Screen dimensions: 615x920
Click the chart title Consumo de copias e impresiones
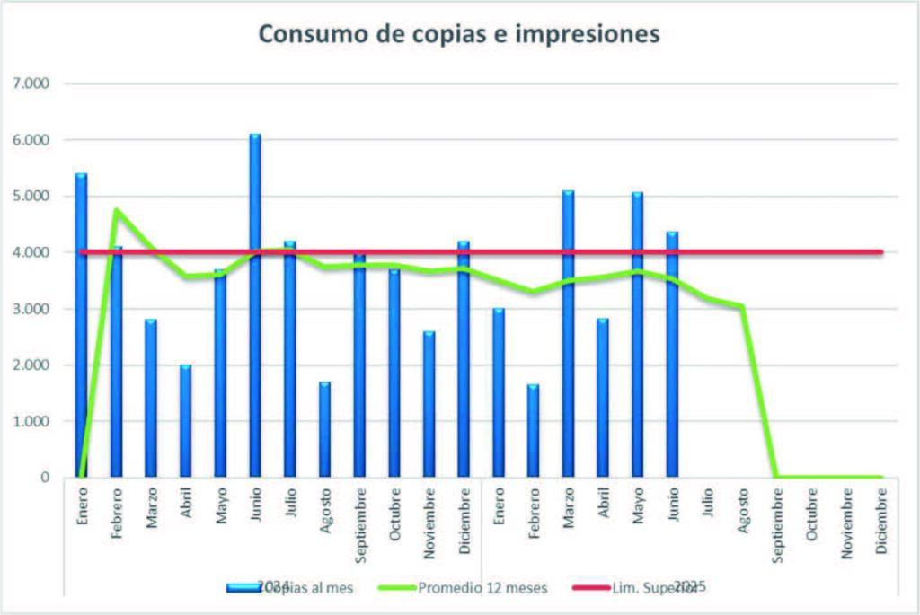459,34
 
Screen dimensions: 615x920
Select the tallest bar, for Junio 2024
255,305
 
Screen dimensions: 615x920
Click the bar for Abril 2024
185,421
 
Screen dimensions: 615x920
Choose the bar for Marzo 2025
568,333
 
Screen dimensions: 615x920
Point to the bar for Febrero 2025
534,430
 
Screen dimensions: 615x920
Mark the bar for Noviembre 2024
429,404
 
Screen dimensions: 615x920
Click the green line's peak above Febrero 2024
116,210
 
